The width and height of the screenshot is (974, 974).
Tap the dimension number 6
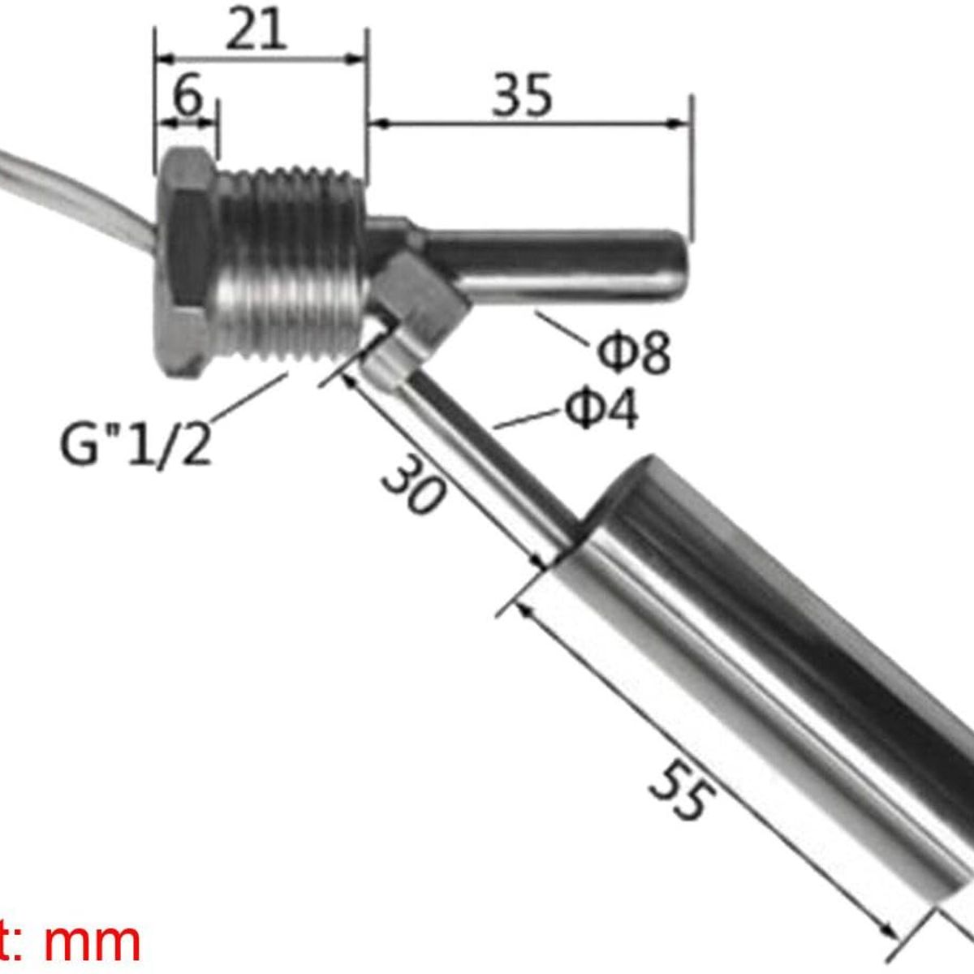[187, 97]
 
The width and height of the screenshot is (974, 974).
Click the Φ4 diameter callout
[601, 410]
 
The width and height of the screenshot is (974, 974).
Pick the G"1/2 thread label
[136, 445]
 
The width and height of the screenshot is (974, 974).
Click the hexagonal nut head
[185, 264]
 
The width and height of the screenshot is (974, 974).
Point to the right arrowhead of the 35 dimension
[680, 123]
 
